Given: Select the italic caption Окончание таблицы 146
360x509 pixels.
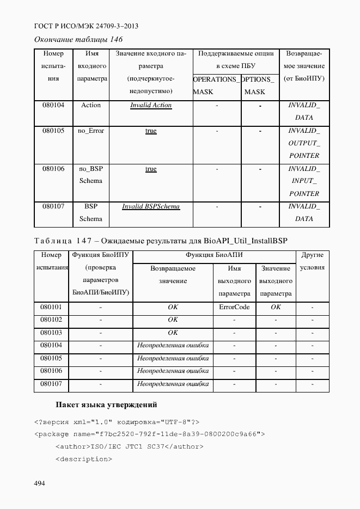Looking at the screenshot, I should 78,39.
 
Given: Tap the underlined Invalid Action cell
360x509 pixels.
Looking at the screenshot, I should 151,105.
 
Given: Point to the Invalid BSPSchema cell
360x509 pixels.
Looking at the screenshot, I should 151,206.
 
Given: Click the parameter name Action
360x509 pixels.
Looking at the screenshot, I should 91,105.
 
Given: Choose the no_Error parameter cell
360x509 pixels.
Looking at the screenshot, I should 91,131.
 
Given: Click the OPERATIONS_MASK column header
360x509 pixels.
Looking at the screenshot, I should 216,85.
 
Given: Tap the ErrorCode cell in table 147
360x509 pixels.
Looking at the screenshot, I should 234,307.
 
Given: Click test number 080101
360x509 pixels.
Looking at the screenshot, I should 51,307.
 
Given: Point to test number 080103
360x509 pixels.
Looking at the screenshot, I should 51,332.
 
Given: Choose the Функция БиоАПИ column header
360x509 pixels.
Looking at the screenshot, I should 214,255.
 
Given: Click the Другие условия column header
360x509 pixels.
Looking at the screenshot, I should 312,261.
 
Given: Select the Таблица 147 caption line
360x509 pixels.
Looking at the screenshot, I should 161,240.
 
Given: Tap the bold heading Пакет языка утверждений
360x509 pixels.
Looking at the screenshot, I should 106,404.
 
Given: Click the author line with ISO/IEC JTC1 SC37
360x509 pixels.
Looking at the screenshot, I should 129,446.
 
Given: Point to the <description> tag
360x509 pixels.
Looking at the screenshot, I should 83,459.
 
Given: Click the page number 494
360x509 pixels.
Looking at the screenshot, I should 40,483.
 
